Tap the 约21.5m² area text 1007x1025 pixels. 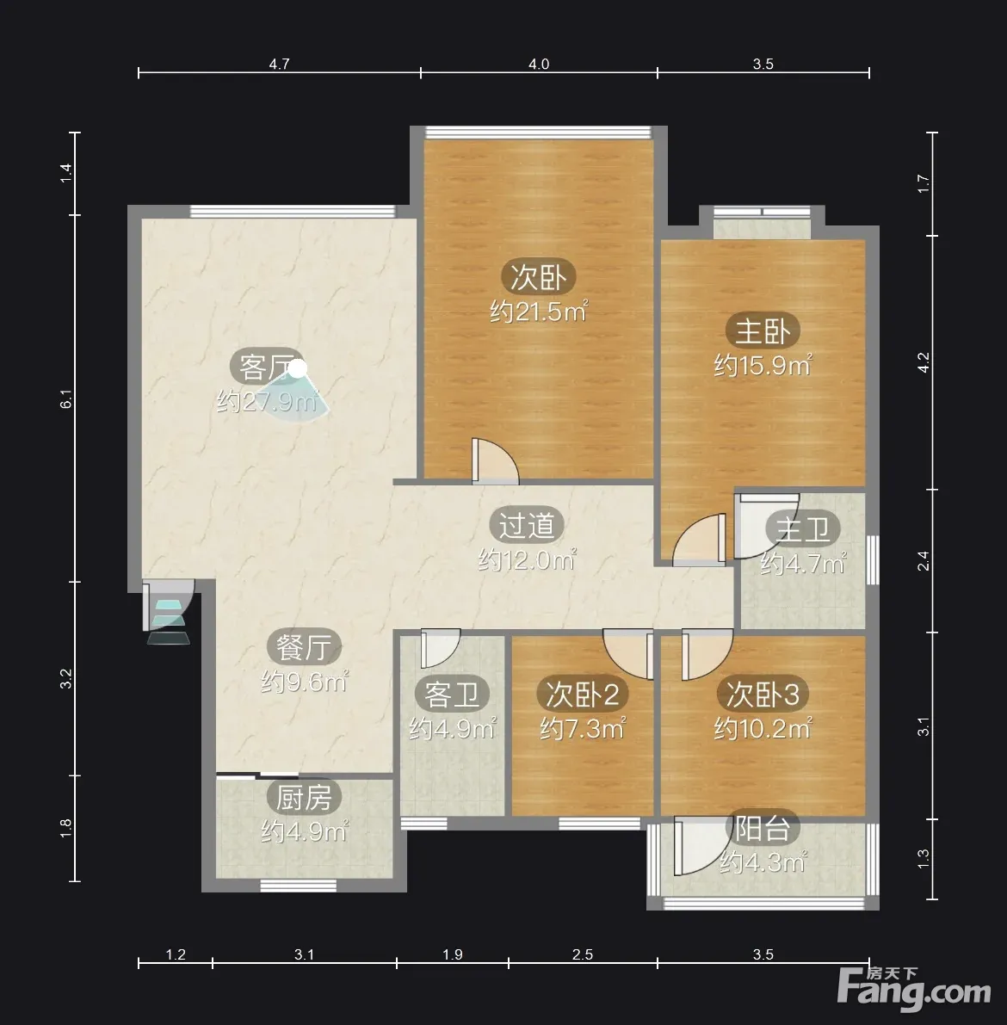point(539,312)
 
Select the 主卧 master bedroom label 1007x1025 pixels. point(763,330)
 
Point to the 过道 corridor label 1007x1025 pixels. point(527,525)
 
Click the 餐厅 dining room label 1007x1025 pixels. point(304,647)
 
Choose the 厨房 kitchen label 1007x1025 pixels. point(304,797)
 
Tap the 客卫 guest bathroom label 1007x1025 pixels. point(451,695)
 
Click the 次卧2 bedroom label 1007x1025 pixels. point(583,695)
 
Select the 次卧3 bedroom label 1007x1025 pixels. point(763,695)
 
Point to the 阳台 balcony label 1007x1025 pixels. point(763,829)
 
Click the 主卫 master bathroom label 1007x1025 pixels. point(803,528)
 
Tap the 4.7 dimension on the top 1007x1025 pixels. point(279,64)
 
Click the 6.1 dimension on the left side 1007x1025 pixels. point(66,398)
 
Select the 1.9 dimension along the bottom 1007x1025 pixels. point(453,954)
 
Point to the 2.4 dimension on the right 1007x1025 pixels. point(924,561)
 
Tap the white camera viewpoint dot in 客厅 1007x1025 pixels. point(298,368)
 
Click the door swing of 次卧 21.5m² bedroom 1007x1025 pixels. point(495,460)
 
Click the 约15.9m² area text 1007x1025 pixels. point(763,365)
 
